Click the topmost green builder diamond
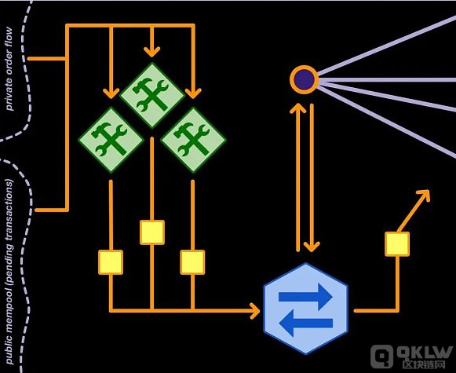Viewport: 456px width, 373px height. point(152,96)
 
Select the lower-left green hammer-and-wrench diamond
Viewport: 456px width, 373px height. point(111,140)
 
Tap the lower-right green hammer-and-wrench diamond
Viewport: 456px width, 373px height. point(193,140)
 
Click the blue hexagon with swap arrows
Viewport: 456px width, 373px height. point(305,309)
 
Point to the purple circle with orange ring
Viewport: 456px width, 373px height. point(305,79)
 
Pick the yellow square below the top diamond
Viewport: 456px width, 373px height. point(152,232)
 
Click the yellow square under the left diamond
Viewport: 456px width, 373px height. point(111,262)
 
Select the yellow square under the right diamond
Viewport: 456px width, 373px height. point(192,262)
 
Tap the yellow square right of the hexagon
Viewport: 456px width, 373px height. point(397,244)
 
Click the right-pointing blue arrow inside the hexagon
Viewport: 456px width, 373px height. point(305,297)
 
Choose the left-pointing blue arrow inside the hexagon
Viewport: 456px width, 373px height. point(305,323)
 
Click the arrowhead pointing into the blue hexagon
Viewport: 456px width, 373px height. point(255,311)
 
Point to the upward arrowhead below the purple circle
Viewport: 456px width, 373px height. point(297,108)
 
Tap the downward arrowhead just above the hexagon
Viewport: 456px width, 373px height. point(312,247)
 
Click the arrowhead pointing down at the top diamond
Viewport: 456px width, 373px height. point(151,52)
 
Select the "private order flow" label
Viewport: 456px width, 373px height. point(9,68)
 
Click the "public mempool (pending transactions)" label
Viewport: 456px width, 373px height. point(9,272)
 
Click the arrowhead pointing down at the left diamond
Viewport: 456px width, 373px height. point(111,93)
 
